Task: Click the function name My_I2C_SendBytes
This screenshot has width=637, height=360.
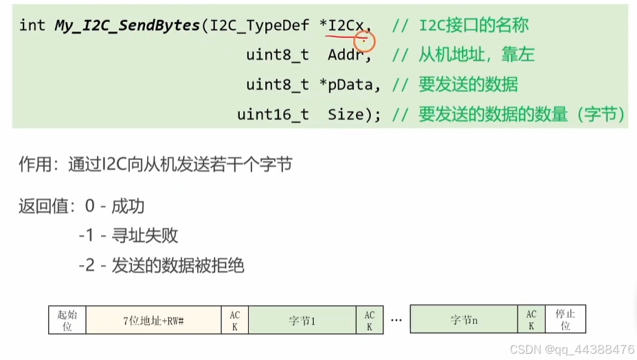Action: pos(126,26)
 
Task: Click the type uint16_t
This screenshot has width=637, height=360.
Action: pos(273,115)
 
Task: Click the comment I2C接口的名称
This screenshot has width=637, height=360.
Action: pos(473,26)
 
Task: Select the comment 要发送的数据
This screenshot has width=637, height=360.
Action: pos(468,85)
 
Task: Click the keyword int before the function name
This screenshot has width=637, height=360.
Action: pos(32,26)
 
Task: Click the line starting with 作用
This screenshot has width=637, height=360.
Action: pos(156,165)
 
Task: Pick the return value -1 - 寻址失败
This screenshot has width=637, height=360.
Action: pos(128,236)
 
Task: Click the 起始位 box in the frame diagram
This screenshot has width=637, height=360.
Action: pos(67,320)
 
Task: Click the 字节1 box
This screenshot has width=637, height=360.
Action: pos(302,320)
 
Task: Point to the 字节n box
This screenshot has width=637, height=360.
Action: pos(463,320)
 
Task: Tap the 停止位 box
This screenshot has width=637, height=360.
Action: pos(565,320)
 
